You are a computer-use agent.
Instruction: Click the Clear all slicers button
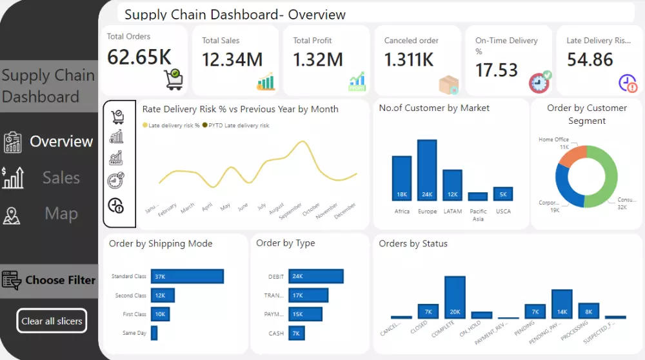(51, 321)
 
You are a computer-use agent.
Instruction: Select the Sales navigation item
(61, 177)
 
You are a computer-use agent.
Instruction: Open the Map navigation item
(61, 214)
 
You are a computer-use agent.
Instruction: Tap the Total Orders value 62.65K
(139, 57)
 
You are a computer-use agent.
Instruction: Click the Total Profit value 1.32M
(317, 59)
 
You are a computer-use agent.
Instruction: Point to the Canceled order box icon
(448, 85)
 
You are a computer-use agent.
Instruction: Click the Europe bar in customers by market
(427, 170)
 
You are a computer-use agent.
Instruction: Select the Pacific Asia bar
(478, 197)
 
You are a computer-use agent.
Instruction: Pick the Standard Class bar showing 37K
(187, 276)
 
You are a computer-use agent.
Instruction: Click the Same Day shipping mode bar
(154, 333)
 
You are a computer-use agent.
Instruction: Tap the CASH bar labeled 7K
(296, 333)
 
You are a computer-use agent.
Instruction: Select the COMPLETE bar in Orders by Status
(455, 297)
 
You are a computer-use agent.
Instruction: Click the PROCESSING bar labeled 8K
(588, 311)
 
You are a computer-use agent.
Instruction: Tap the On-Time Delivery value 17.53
(497, 70)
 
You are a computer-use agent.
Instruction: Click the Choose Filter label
(60, 280)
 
